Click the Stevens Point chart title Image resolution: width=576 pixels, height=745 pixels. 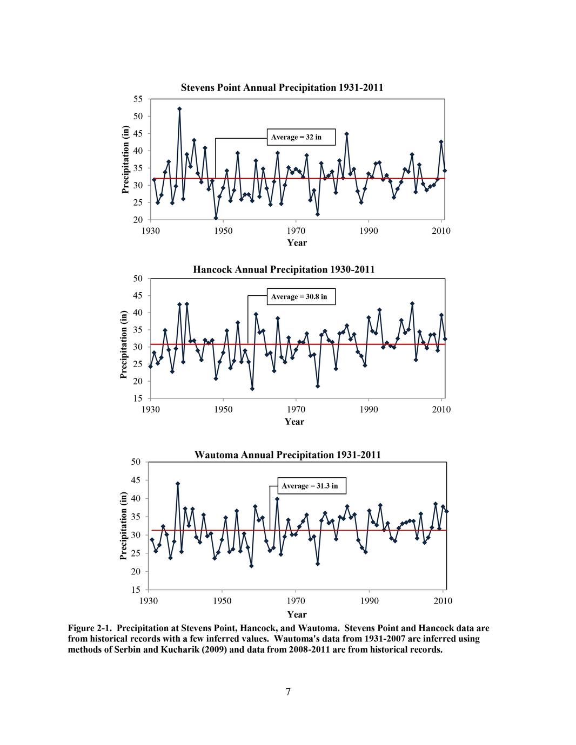[282, 87]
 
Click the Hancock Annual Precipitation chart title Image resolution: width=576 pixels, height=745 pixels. [284, 269]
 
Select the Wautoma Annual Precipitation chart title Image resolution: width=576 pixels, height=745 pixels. [287, 455]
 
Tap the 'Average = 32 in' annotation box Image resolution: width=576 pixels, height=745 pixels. [301, 137]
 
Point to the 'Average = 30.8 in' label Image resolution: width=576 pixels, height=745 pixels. [301, 296]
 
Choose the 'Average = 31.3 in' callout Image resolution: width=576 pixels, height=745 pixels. [312, 486]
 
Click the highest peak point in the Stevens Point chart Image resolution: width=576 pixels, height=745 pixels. [179, 109]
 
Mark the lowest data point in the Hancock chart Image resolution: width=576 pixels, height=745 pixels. [252, 389]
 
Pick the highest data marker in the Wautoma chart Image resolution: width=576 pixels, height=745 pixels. [178, 484]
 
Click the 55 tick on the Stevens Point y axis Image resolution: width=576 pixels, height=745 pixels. [138, 99]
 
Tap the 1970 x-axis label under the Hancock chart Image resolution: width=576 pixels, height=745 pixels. [296, 410]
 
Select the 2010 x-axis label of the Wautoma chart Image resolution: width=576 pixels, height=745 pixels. [443, 600]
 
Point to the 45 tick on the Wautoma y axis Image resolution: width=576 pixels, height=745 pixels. [137, 480]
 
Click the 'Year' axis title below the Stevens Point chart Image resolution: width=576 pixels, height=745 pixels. [297, 242]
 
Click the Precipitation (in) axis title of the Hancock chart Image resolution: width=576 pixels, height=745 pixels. [124, 344]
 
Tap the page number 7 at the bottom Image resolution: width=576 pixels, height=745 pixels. [288, 692]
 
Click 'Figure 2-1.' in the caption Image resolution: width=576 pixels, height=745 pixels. [90, 628]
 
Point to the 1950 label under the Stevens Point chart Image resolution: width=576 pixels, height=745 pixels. [223, 231]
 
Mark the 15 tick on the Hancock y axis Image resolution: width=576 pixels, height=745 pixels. [138, 398]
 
